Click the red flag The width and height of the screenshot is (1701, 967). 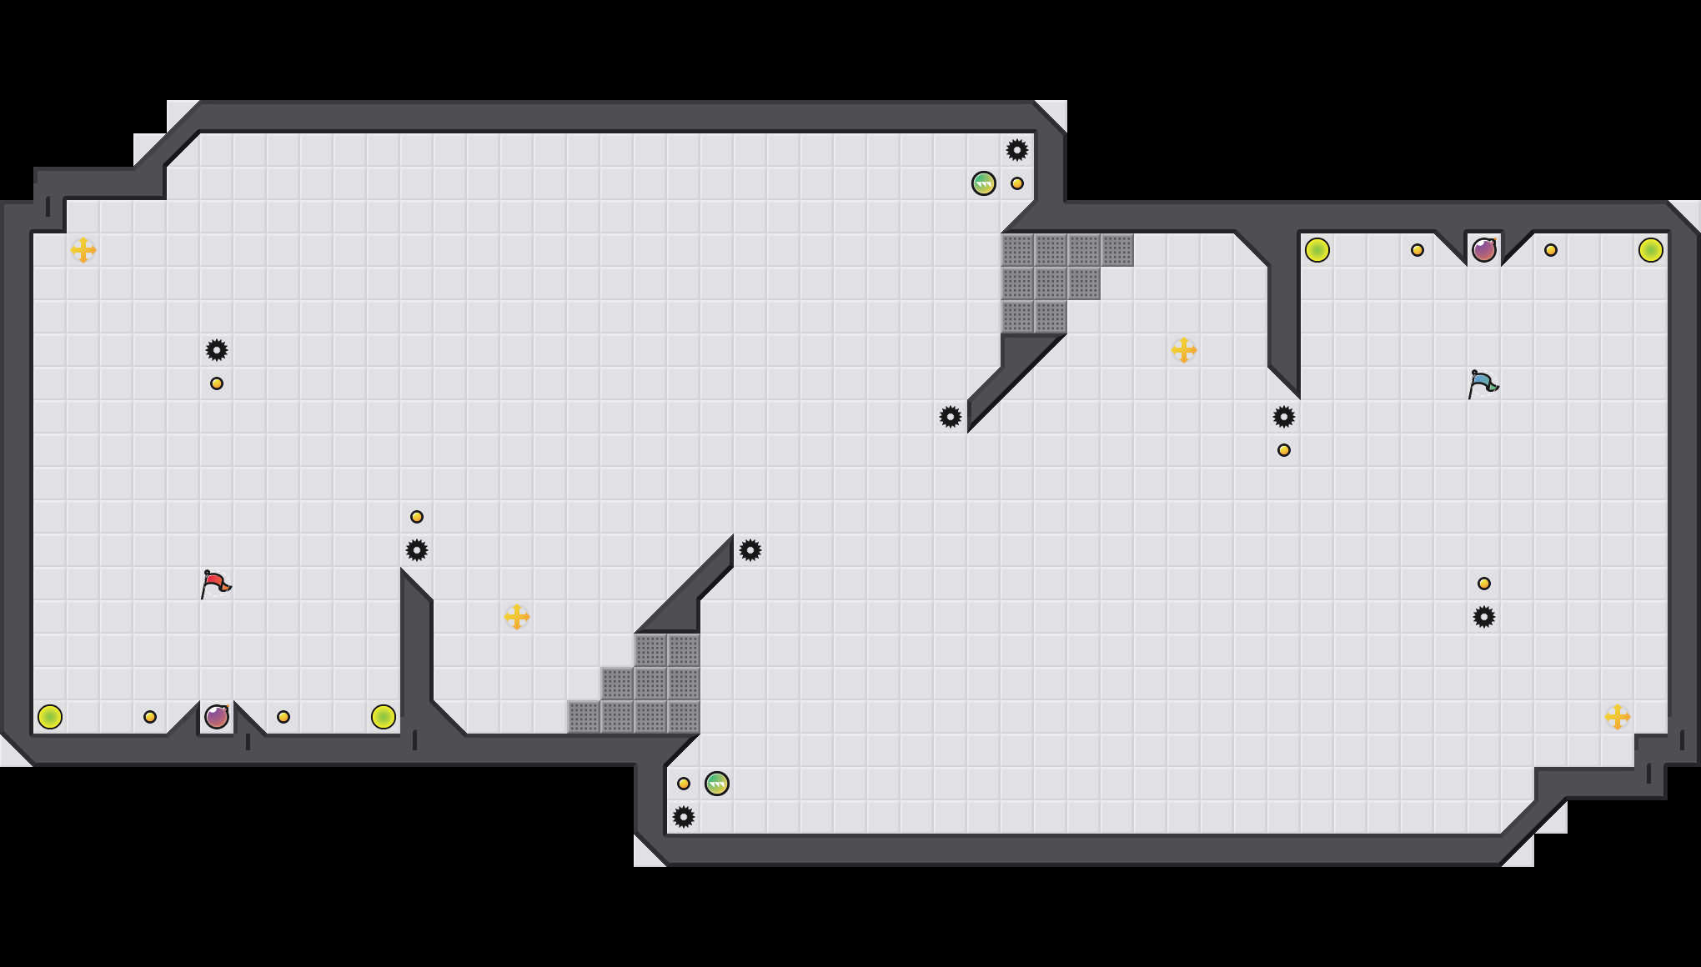coord(215,584)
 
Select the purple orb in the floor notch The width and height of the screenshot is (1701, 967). coord(217,716)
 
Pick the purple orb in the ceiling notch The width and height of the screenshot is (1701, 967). coord(1484,249)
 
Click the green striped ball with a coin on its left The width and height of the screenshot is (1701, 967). coord(717,784)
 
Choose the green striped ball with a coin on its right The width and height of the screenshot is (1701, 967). coord(984,183)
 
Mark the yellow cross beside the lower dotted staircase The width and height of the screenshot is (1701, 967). coord(517,617)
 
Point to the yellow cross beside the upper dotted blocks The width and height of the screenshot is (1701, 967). coord(1184,350)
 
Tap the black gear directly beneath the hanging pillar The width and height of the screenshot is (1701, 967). coord(1284,417)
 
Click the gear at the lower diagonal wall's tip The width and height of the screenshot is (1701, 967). coord(750,550)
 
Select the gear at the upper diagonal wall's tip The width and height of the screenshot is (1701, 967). coord(951,417)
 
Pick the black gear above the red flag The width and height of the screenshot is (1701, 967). coord(217,350)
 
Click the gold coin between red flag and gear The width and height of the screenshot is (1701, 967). coord(217,383)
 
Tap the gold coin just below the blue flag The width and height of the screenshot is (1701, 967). coord(1484,584)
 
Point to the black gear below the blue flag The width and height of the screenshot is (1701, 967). coord(1484,617)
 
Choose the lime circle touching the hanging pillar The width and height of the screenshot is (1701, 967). coord(1317,250)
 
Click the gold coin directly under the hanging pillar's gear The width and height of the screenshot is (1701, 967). coord(1284,450)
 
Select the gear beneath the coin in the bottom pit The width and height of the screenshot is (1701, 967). coord(684,817)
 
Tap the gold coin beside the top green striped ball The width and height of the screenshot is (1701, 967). coord(1017,183)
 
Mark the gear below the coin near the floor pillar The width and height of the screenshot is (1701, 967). coord(417,550)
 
